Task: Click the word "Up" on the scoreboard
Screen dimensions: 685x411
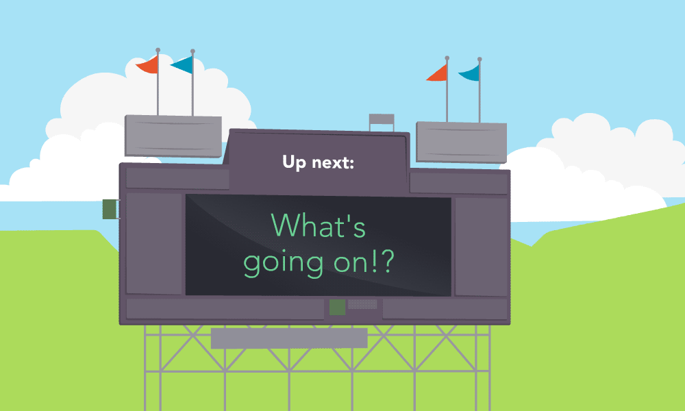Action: [294, 162]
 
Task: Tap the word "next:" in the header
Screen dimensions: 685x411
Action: [333, 163]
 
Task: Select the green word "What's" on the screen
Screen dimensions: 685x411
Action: [318, 225]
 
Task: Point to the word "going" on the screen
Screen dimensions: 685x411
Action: [284, 264]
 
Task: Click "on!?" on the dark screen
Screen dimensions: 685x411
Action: [364, 262]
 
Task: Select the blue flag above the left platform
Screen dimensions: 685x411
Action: [182, 65]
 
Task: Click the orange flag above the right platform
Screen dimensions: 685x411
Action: [436, 73]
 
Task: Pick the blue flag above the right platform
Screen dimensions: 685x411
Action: [469, 73]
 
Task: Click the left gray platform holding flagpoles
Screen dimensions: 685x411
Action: [173, 136]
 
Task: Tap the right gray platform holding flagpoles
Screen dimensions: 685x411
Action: [461, 142]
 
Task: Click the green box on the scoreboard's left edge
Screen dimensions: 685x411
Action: [110, 209]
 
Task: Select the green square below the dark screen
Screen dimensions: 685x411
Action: [337, 307]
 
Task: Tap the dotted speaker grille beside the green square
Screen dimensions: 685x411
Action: [362, 303]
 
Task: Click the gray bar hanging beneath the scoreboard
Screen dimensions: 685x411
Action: [289, 338]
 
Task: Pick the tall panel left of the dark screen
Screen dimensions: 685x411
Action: [153, 244]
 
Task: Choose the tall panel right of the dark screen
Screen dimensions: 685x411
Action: [481, 247]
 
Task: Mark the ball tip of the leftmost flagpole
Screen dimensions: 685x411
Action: [158, 50]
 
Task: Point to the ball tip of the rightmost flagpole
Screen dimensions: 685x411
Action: [480, 59]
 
